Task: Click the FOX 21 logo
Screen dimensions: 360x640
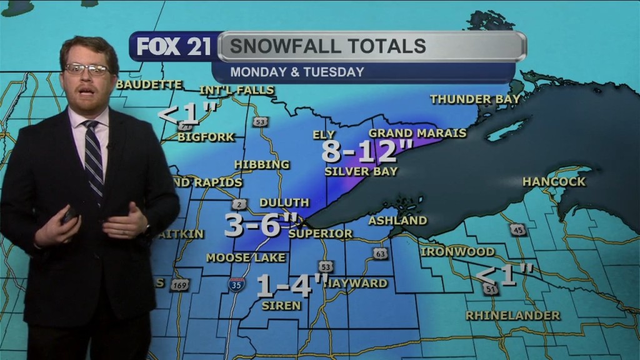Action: [x=174, y=47]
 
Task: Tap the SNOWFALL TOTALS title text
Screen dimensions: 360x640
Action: [x=327, y=46]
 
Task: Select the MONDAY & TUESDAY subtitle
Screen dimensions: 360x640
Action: [x=297, y=72]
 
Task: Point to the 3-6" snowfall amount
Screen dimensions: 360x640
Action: [x=261, y=225]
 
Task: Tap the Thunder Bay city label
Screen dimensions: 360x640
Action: [x=475, y=99]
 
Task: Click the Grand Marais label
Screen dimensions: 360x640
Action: [x=417, y=133]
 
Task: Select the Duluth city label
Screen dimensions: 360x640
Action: [x=284, y=202]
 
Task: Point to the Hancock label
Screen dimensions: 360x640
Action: [x=554, y=182]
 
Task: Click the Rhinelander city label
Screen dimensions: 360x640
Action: [x=512, y=316]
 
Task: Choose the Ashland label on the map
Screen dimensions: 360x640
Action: [x=397, y=221]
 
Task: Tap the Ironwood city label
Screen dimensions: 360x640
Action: [x=457, y=252]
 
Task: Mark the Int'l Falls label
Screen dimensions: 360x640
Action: [x=237, y=90]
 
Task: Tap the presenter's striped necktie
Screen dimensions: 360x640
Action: [x=93, y=156]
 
